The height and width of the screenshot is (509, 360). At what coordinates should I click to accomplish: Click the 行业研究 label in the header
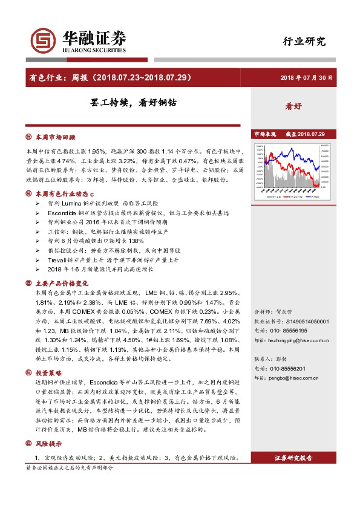(x=304, y=41)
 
